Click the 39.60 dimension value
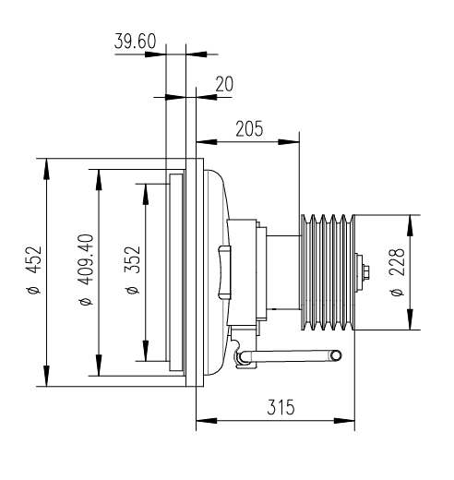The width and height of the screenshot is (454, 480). [x=135, y=42]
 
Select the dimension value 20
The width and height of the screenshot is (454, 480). [x=224, y=84]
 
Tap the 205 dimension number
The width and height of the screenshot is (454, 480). [x=249, y=128]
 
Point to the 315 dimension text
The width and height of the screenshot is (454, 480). [x=281, y=407]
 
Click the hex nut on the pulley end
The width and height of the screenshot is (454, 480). [x=366, y=272]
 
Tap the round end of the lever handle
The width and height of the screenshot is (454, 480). [x=336, y=355]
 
